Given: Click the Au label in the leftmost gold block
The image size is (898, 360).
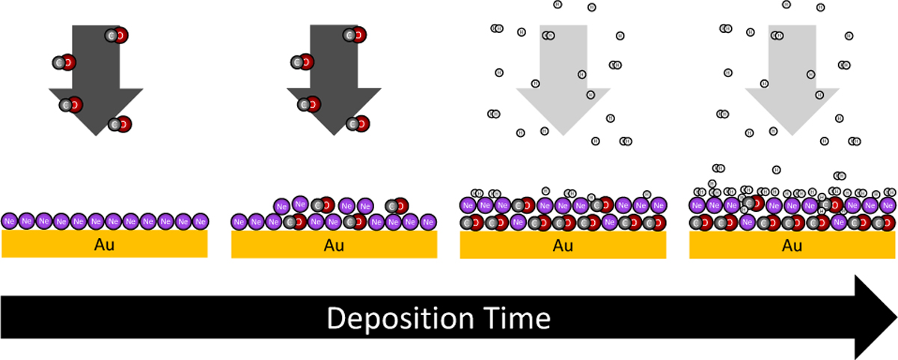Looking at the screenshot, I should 105,243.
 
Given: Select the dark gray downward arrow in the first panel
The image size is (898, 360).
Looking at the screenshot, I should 96,75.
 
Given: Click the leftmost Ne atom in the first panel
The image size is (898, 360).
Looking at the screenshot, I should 10,222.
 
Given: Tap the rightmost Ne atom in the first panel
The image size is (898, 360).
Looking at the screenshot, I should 199,222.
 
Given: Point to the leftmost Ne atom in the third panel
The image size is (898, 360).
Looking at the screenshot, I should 468,205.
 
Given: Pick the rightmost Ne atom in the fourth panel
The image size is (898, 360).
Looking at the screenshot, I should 888,205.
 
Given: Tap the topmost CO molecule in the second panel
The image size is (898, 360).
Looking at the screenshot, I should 355,35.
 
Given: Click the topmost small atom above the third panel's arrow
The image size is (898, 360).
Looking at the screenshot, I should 558,4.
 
